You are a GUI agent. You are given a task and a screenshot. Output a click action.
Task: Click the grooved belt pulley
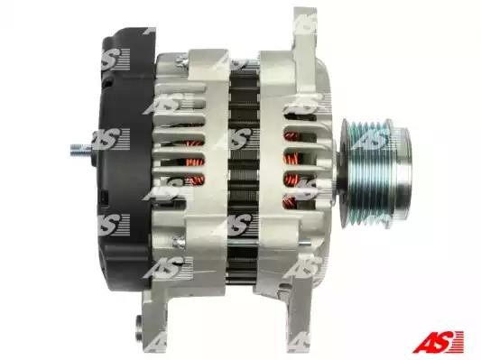pyautogui.click(x=375, y=172)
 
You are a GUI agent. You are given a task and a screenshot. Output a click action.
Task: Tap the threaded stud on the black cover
pyautogui.click(x=81, y=151)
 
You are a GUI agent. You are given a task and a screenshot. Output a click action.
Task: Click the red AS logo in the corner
pyautogui.click(x=438, y=341)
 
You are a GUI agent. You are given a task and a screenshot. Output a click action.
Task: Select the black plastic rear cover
pyautogui.click(x=125, y=160)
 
